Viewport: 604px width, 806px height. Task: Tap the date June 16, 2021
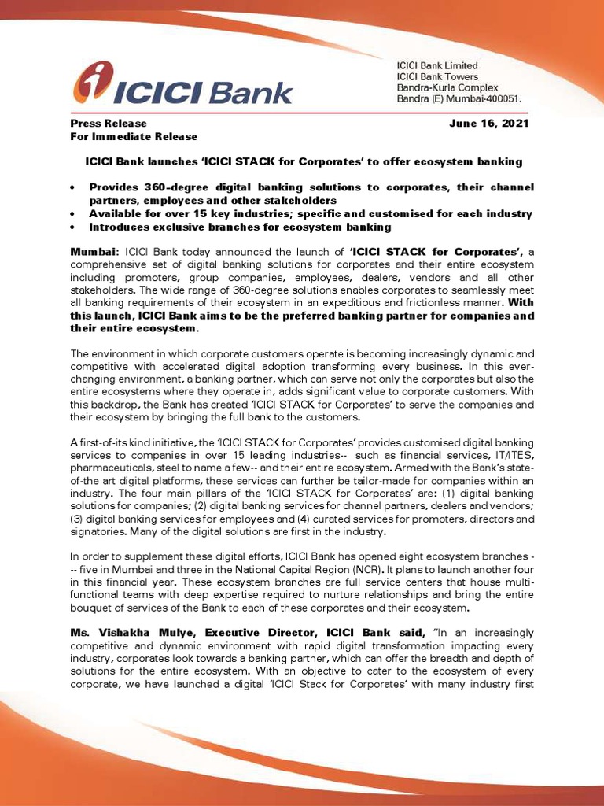(x=489, y=124)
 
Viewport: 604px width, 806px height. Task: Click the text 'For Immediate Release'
(x=134, y=136)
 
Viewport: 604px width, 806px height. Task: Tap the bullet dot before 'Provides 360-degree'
(x=73, y=188)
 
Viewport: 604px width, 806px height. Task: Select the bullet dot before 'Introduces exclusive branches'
(x=73, y=227)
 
